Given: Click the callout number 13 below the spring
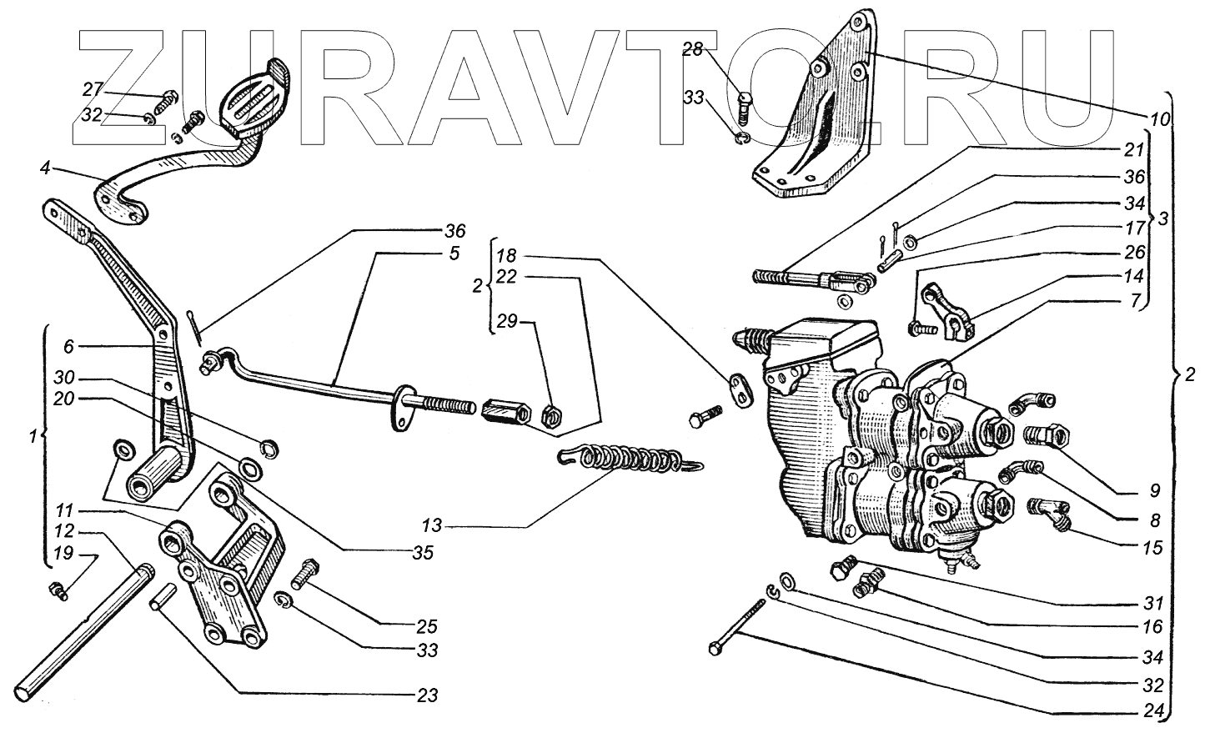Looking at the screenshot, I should (x=432, y=526).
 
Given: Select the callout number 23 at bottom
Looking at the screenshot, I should (x=428, y=695).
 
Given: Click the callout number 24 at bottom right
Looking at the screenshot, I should (x=1154, y=713).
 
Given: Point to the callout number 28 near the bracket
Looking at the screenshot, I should (x=693, y=50).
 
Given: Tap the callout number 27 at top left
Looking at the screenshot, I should (x=93, y=89).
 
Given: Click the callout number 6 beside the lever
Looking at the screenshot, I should (x=68, y=344).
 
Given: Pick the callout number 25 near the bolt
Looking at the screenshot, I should (x=428, y=625).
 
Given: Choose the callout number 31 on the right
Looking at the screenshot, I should (x=1153, y=602).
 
